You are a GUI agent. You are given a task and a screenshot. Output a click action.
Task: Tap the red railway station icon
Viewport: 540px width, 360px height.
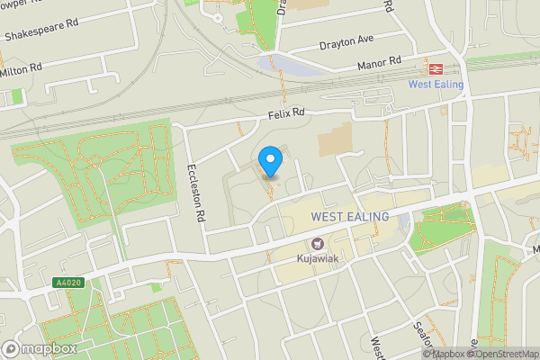tap(436, 68)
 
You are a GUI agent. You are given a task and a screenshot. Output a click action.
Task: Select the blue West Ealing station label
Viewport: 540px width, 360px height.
tap(436, 85)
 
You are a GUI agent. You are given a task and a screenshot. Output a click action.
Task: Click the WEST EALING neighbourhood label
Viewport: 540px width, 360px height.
tap(349, 217)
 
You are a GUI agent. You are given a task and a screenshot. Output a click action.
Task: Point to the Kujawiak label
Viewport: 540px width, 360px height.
tap(317, 260)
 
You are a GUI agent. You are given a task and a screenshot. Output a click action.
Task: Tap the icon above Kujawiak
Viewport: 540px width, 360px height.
tap(317, 244)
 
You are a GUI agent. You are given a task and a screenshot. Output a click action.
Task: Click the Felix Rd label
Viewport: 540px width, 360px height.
tap(288, 114)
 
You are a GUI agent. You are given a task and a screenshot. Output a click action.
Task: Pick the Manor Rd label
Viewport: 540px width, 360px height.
tap(378, 64)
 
